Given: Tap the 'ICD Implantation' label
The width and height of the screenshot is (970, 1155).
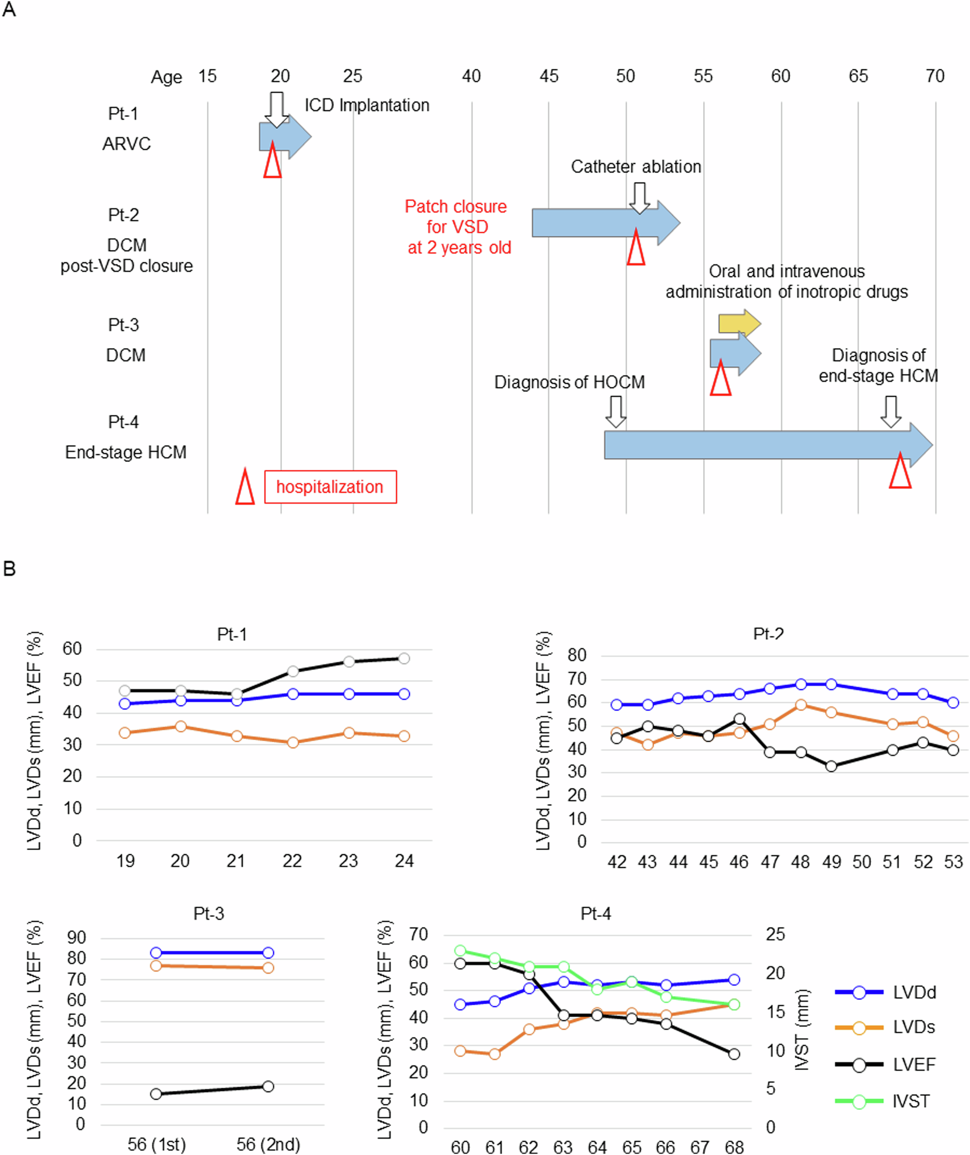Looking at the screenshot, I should [367, 105].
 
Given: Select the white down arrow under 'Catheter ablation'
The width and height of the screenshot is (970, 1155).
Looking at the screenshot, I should [639, 198].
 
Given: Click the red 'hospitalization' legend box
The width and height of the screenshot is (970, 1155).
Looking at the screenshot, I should [330, 487].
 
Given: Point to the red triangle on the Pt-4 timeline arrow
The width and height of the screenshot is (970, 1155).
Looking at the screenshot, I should [900, 471].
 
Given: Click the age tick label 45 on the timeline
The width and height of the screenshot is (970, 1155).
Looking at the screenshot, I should [549, 76].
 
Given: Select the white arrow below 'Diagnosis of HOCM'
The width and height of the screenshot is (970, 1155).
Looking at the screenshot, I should [616, 411].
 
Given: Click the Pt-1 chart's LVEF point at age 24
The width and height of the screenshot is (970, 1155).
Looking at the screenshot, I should [404, 658].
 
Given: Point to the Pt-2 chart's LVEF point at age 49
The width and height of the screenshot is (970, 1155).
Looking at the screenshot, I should [831, 766].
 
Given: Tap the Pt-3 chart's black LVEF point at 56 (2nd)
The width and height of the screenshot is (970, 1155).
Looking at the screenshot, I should [268, 1086].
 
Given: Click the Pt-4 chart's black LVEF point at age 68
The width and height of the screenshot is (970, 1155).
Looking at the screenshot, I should [734, 1054].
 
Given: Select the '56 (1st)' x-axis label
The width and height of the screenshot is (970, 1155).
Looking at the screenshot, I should [157, 1145].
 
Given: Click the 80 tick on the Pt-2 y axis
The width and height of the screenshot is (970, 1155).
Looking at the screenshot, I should [577, 655].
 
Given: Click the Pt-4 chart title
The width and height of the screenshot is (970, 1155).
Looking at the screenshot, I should [596, 913].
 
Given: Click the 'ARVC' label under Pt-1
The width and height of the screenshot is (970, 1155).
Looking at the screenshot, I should [127, 143].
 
